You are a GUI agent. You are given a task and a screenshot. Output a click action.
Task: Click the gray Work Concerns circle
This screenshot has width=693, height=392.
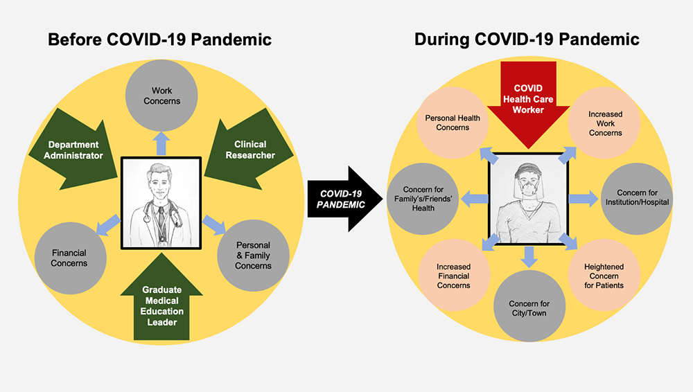tap(161, 96)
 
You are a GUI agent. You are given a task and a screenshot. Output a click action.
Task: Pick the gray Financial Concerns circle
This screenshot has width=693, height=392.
tap(69, 258)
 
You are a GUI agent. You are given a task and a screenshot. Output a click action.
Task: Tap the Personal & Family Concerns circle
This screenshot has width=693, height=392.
tap(253, 255)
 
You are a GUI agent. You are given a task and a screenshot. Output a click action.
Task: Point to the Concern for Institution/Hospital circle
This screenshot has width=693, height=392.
tap(637, 197)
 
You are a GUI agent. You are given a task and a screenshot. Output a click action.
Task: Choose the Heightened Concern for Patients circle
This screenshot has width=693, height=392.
tap(604, 275)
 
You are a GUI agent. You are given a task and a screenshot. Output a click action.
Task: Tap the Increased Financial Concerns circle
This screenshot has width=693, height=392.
tap(453, 275)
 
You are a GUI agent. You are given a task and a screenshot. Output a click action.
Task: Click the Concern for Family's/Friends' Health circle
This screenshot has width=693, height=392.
tap(420, 198)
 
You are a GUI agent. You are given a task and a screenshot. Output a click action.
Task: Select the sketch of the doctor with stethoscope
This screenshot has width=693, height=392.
tap(161, 202)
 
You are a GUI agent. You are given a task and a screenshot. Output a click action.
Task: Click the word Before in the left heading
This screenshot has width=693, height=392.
tap(74, 39)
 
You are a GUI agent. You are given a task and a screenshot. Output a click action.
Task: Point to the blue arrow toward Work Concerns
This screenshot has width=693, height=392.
tap(161, 143)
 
